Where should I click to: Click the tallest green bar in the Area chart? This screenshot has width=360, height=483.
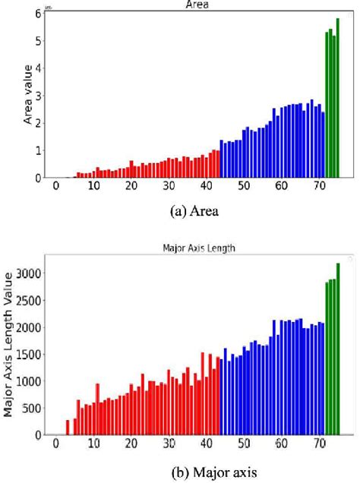pyautogui.click(x=338, y=99)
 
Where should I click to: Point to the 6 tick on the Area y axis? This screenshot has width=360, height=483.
pyautogui.click(x=36, y=14)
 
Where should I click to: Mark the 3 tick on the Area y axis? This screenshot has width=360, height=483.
pyautogui.click(x=36, y=96)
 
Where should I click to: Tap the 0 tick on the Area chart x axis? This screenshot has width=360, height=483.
pyautogui.click(x=55, y=187)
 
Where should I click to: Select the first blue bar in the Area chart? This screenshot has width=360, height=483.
pyautogui.click(x=222, y=159)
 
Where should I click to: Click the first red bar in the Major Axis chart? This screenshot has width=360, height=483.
pyautogui.click(x=68, y=428)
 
